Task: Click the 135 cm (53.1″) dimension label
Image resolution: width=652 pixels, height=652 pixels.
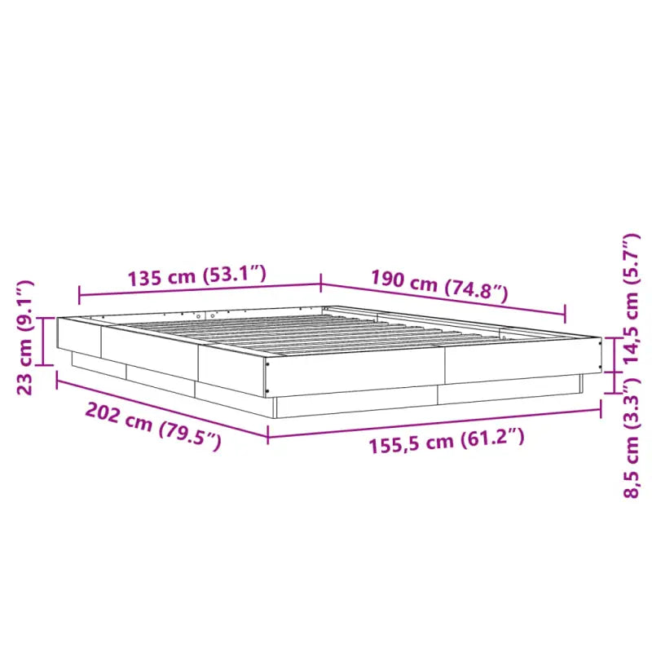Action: coord(197,276)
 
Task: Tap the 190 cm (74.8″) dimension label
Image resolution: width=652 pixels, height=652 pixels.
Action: coord(439,285)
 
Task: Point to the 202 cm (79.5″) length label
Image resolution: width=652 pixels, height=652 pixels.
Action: coord(153,427)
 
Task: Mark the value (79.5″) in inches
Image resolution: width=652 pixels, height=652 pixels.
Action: coord(190,437)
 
